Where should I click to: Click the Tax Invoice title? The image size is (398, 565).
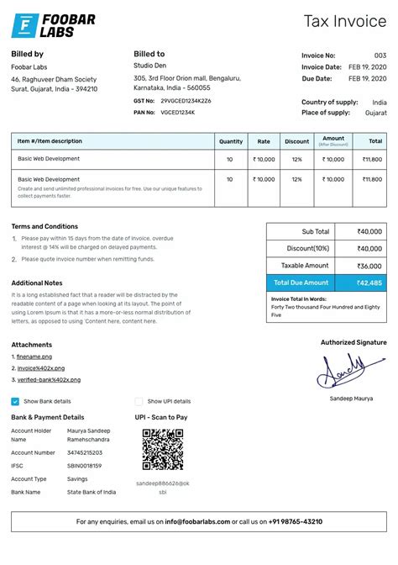345,22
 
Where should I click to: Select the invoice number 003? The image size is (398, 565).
380,55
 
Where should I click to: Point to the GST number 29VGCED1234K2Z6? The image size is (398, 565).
186,101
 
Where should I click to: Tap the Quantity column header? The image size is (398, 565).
230,141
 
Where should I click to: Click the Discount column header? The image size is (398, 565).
296,141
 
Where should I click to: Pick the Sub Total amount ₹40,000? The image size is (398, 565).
369,231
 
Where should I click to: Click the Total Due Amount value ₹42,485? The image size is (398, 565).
369,282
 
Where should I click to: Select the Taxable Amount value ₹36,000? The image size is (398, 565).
369,266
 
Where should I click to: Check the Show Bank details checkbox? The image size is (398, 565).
16,402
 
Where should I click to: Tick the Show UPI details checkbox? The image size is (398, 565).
139,402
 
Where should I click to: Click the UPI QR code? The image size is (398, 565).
163,450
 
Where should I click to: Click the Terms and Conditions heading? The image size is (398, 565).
45,226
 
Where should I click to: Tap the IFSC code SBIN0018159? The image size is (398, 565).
84,466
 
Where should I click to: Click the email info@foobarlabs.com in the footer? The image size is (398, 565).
197,521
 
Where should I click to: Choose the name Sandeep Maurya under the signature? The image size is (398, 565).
351,398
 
